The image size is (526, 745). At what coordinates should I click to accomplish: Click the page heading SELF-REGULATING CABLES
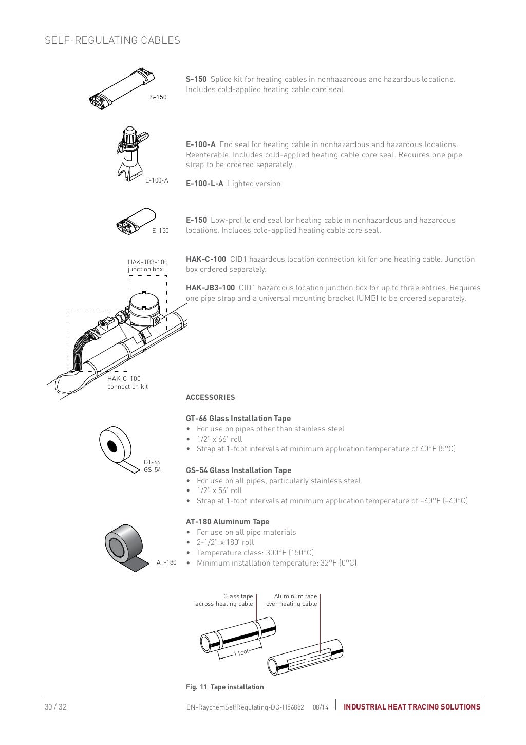click(x=112, y=40)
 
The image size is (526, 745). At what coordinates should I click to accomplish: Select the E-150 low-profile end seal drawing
click(x=136, y=220)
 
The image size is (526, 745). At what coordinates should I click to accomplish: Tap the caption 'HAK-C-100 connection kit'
click(x=127, y=383)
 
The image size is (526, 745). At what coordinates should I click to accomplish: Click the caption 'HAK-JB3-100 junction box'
click(x=147, y=266)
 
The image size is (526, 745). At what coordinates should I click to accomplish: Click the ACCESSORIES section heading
click(x=210, y=397)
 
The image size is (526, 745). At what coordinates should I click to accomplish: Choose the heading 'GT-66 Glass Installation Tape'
click(x=238, y=419)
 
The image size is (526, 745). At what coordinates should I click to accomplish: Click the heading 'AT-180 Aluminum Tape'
click(x=227, y=522)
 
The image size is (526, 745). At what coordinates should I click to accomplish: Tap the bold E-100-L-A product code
click(x=204, y=184)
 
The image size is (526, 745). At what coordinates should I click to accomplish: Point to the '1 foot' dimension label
click(x=241, y=652)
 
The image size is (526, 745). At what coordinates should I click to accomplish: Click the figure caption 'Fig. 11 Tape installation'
click(x=224, y=687)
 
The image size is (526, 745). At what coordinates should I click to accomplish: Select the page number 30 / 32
click(x=55, y=707)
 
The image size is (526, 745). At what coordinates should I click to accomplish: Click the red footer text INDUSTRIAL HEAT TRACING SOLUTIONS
click(x=411, y=707)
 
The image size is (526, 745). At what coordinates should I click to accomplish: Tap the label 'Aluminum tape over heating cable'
click(x=291, y=600)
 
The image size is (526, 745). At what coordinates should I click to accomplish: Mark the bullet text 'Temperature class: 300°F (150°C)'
click(x=255, y=553)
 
